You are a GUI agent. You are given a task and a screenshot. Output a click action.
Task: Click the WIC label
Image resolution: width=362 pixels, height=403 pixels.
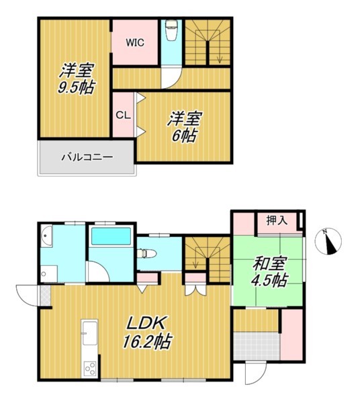pyautogui.click(x=135, y=43)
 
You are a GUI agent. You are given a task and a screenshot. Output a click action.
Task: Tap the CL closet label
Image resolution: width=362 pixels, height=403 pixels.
pyautogui.click(x=124, y=116)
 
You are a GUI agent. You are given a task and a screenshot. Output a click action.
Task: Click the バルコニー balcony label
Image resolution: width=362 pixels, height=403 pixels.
pyautogui.click(x=87, y=157)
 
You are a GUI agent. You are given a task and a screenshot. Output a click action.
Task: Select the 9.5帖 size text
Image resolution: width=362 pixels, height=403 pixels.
pyautogui.click(x=76, y=87)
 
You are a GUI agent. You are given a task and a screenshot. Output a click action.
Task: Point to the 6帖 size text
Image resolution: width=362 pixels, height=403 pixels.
pyautogui.click(x=184, y=136)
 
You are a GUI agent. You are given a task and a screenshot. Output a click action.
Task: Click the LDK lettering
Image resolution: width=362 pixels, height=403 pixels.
pyautogui.click(x=146, y=324)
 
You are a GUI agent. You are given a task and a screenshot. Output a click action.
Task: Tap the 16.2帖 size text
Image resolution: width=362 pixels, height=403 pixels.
pyautogui.click(x=146, y=341)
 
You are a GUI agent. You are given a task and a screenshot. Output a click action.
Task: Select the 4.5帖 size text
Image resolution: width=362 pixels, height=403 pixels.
pyautogui.click(x=269, y=280)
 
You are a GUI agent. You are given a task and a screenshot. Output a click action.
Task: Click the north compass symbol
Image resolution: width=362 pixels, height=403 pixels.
pyautogui.click(x=328, y=242)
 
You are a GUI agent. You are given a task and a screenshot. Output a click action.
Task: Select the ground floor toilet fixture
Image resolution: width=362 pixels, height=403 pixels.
pyautogui.click(x=147, y=254)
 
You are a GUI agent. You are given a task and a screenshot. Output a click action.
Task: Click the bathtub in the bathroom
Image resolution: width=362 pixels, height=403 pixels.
pyautogui.click(x=111, y=236)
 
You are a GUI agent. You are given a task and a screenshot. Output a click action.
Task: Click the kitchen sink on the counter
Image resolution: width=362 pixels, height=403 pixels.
pyautogui.click(x=90, y=334)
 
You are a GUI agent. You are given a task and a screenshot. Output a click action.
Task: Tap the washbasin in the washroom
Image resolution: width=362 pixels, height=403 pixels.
pyautogui.click(x=46, y=236)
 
